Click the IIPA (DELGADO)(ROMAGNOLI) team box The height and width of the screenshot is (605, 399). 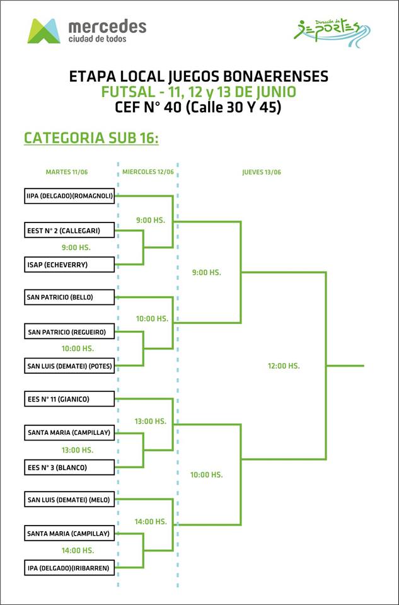coord(69,195)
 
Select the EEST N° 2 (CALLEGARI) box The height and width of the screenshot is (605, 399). coord(69,231)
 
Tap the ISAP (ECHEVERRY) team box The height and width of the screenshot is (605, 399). coord(69,265)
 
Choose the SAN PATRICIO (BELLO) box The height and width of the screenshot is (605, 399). coord(69,297)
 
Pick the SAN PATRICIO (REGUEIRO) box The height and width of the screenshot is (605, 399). coord(69,331)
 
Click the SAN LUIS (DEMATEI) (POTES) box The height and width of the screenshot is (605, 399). coord(69,366)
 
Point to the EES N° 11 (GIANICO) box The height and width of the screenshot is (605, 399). coord(69,398)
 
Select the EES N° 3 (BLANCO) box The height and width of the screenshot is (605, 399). coord(69,467)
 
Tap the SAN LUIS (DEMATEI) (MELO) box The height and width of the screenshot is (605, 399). coord(69,500)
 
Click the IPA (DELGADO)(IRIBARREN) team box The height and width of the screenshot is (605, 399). coord(69,568)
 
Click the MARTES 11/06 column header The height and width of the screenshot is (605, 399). coord(66,172)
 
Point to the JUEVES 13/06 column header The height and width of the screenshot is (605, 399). coord(262,172)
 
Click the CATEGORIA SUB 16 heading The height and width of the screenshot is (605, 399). coord(91,138)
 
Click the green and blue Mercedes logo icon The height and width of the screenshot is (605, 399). coord(43,31)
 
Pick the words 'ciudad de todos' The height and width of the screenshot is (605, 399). coord(98,39)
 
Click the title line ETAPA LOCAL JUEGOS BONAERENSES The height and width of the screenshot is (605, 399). coord(199,76)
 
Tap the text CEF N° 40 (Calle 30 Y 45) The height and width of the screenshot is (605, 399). coord(199,107)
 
